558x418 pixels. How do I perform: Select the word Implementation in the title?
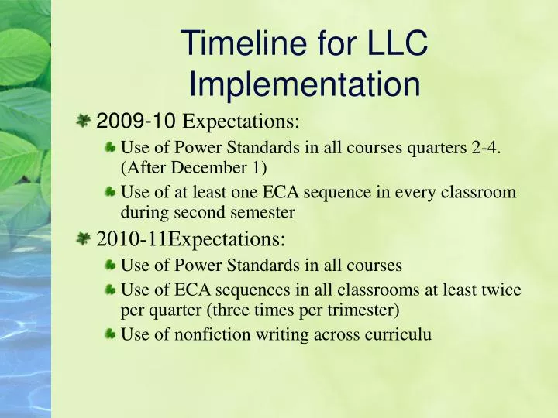[304, 84]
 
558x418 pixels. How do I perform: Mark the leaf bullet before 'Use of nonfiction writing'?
[112, 334]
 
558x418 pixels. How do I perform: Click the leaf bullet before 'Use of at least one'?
[112, 192]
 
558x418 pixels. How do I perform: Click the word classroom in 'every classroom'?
[480, 193]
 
